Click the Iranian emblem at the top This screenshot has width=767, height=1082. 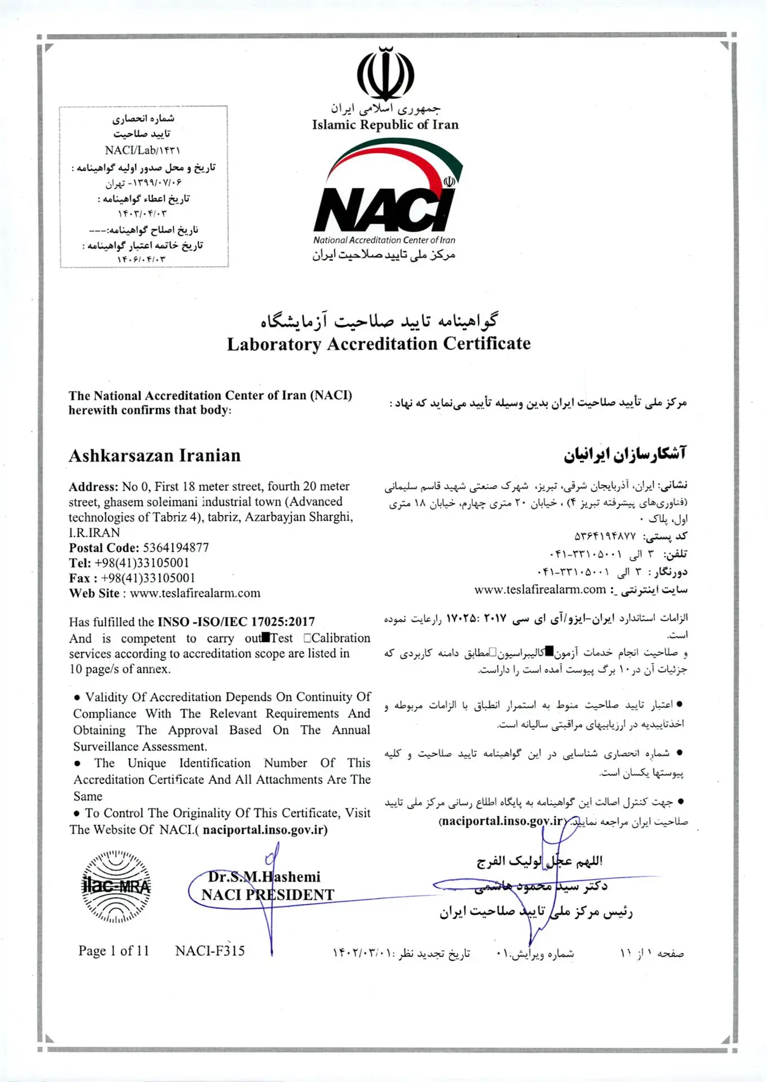pos(385,74)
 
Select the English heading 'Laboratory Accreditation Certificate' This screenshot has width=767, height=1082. pos(379,344)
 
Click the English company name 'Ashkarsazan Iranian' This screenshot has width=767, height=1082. pos(154,455)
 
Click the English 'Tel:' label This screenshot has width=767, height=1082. pos(80,563)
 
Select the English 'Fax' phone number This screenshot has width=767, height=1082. pos(148,578)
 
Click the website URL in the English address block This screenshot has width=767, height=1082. pos(195,593)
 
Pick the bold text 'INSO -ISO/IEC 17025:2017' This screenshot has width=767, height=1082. pos(236,622)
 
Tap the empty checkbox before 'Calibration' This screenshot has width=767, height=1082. pos(307,638)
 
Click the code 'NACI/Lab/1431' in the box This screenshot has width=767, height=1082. pos(143,150)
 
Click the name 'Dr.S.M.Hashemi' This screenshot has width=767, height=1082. pos(264,877)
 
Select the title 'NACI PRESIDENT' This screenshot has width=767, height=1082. pos(268,895)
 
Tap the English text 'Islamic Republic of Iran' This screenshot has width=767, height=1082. pos(385,125)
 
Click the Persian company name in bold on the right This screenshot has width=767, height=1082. pos(625,454)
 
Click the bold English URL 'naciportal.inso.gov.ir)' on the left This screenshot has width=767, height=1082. pos(265,830)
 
